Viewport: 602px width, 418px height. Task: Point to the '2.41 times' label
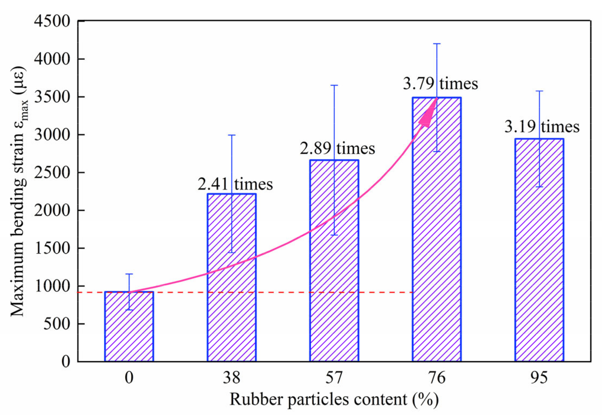click(235, 184)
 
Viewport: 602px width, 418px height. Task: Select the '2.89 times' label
click(337, 148)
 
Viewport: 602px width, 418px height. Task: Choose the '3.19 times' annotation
click(542, 126)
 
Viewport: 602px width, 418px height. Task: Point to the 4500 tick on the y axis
click(52, 21)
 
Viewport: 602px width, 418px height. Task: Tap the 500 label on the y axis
click(56, 323)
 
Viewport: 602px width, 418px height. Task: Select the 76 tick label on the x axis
click(436, 377)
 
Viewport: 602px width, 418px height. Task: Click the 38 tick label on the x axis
click(231, 377)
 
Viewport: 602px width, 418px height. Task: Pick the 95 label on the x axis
click(539, 377)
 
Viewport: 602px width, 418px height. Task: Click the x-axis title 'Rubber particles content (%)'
click(334, 399)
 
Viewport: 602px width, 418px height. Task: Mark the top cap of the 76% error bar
click(437, 43)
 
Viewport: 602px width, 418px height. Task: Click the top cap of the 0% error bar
click(129, 274)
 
